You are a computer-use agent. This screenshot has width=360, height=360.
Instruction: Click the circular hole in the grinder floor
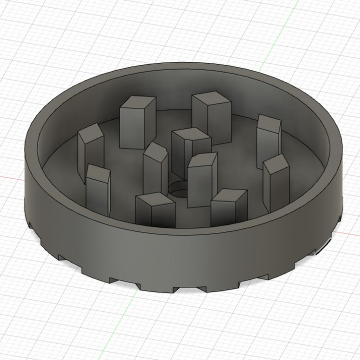pyautogui.click(x=177, y=189)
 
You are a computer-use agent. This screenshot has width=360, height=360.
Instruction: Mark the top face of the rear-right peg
pyautogui.click(x=212, y=98)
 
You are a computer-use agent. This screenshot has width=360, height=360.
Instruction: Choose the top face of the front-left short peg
pyautogui.click(x=154, y=199)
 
